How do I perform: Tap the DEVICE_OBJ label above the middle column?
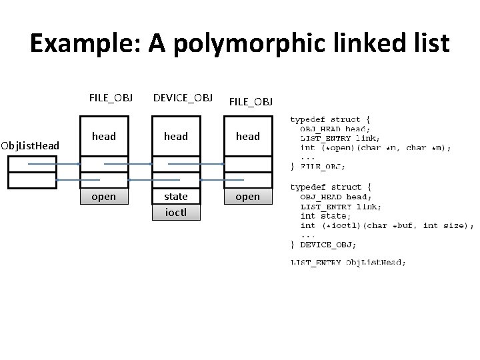(x=183, y=98)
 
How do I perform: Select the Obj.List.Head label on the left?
(x=31, y=145)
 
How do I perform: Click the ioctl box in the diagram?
(x=176, y=213)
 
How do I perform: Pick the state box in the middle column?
(x=176, y=197)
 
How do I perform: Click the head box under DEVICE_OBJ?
(x=176, y=137)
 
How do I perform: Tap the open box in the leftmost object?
(x=103, y=197)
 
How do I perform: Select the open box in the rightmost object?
(x=248, y=197)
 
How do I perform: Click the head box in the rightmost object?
(x=248, y=137)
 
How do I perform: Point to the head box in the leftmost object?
(x=103, y=137)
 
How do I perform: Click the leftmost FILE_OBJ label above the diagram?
(x=111, y=98)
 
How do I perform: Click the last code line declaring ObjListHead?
(x=347, y=263)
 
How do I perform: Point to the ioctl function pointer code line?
(x=387, y=225)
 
